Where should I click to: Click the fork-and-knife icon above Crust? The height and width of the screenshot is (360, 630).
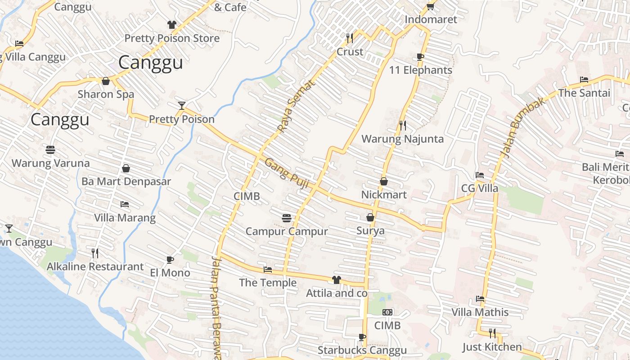(x=350, y=38)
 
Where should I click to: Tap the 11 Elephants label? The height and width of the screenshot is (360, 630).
(x=420, y=70)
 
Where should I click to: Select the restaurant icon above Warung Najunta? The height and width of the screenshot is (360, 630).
(x=403, y=126)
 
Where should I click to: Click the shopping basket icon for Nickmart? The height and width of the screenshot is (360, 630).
(x=384, y=181)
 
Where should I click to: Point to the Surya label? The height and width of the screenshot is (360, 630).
(x=370, y=231)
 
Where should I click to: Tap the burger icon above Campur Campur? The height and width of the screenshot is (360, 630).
(x=287, y=218)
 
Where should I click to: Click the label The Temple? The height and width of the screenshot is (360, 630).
(x=268, y=283)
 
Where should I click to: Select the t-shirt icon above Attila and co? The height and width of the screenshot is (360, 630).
(x=336, y=280)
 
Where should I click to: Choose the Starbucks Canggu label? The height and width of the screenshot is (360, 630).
(x=362, y=350)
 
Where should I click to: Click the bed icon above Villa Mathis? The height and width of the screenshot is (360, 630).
(x=480, y=299)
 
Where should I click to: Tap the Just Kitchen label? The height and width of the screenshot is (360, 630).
(x=492, y=347)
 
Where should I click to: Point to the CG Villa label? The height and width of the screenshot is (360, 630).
(x=480, y=188)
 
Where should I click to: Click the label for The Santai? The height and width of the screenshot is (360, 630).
(x=584, y=93)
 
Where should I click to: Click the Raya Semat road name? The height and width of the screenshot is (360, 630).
(x=296, y=106)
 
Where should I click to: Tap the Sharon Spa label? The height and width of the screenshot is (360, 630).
(x=106, y=94)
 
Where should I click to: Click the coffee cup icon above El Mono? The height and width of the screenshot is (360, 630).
(x=170, y=260)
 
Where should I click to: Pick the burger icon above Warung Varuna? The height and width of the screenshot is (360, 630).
(x=50, y=149)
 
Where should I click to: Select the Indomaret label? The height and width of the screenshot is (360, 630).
(x=431, y=19)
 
